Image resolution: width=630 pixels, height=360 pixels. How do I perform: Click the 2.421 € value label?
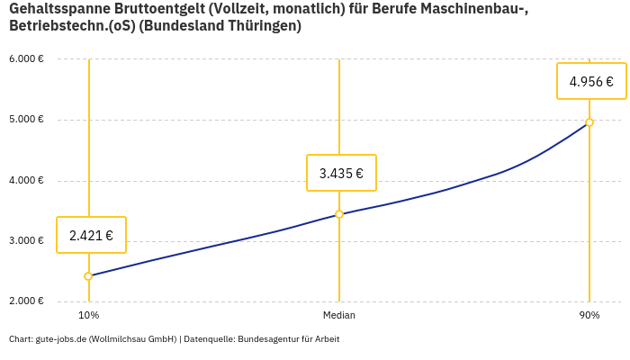coord(91,236)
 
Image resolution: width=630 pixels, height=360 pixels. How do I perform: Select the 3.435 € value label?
coord(341,174)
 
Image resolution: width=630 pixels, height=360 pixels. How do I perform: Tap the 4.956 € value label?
coord(591,82)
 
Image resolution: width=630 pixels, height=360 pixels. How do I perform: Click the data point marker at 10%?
coord(88,276)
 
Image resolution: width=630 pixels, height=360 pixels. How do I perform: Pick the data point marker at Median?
coord(339,214)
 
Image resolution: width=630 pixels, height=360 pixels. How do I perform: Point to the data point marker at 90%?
coord(589,122)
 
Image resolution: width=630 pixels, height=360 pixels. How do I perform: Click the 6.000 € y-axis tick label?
coord(26,59)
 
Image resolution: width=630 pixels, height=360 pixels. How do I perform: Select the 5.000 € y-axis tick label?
coord(26,120)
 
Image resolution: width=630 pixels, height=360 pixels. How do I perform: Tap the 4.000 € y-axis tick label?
coord(26,181)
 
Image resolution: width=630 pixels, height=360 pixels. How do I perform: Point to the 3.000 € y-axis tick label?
coord(26,241)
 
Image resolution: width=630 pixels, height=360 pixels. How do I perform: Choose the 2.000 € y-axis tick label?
coord(26,301)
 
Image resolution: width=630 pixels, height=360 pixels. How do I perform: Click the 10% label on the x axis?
coord(88,316)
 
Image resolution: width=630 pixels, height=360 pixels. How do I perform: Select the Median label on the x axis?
coord(339,316)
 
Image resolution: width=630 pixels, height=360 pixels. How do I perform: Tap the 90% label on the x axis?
coord(589,316)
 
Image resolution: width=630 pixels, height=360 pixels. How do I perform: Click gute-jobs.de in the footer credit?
coord(60,339)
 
